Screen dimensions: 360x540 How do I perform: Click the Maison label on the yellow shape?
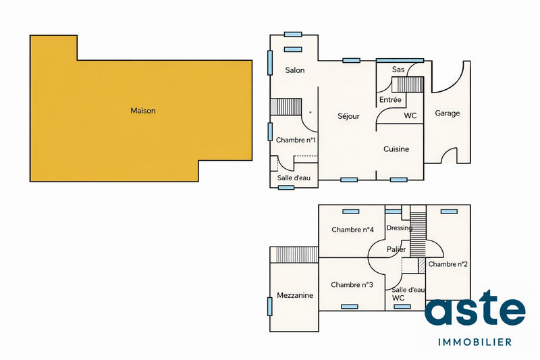pyautogui.click(x=143, y=111)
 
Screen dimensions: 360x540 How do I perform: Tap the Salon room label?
pyautogui.click(x=295, y=70)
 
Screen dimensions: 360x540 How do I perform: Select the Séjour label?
pyautogui.click(x=348, y=116)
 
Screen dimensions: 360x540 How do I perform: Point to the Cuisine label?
pyautogui.click(x=396, y=149)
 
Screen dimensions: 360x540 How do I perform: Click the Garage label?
pyautogui.click(x=447, y=113)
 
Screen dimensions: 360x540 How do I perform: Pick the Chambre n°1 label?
pyautogui.click(x=296, y=140)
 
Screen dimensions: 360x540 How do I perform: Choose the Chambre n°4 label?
pyautogui.click(x=352, y=230)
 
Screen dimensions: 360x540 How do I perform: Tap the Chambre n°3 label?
pyautogui.click(x=352, y=285)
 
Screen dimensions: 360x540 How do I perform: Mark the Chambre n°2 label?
pyautogui.click(x=448, y=264)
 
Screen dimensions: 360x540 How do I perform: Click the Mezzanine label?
pyautogui.click(x=295, y=296)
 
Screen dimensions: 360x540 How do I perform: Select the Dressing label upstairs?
pyautogui.click(x=399, y=228)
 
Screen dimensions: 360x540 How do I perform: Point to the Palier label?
pyautogui.click(x=396, y=249)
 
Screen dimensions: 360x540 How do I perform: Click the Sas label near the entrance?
pyautogui.click(x=398, y=70)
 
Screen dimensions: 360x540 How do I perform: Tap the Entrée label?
pyautogui.click(x=390, y=100)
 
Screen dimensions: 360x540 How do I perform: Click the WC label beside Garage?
pyautogui.click(x=410, y=115)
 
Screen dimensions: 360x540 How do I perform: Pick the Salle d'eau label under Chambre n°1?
pyautogui.click(x=294, y=178)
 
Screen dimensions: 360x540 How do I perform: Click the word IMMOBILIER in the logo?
pyautogui.click(x=475, y=342)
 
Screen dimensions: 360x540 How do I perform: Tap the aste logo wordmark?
pyautogui.click(x=475, y=311)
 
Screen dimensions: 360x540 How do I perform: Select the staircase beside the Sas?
pyautogui.click(x=407, y=84)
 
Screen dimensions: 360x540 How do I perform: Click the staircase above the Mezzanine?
pyautogui.click(x=294, y=255)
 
